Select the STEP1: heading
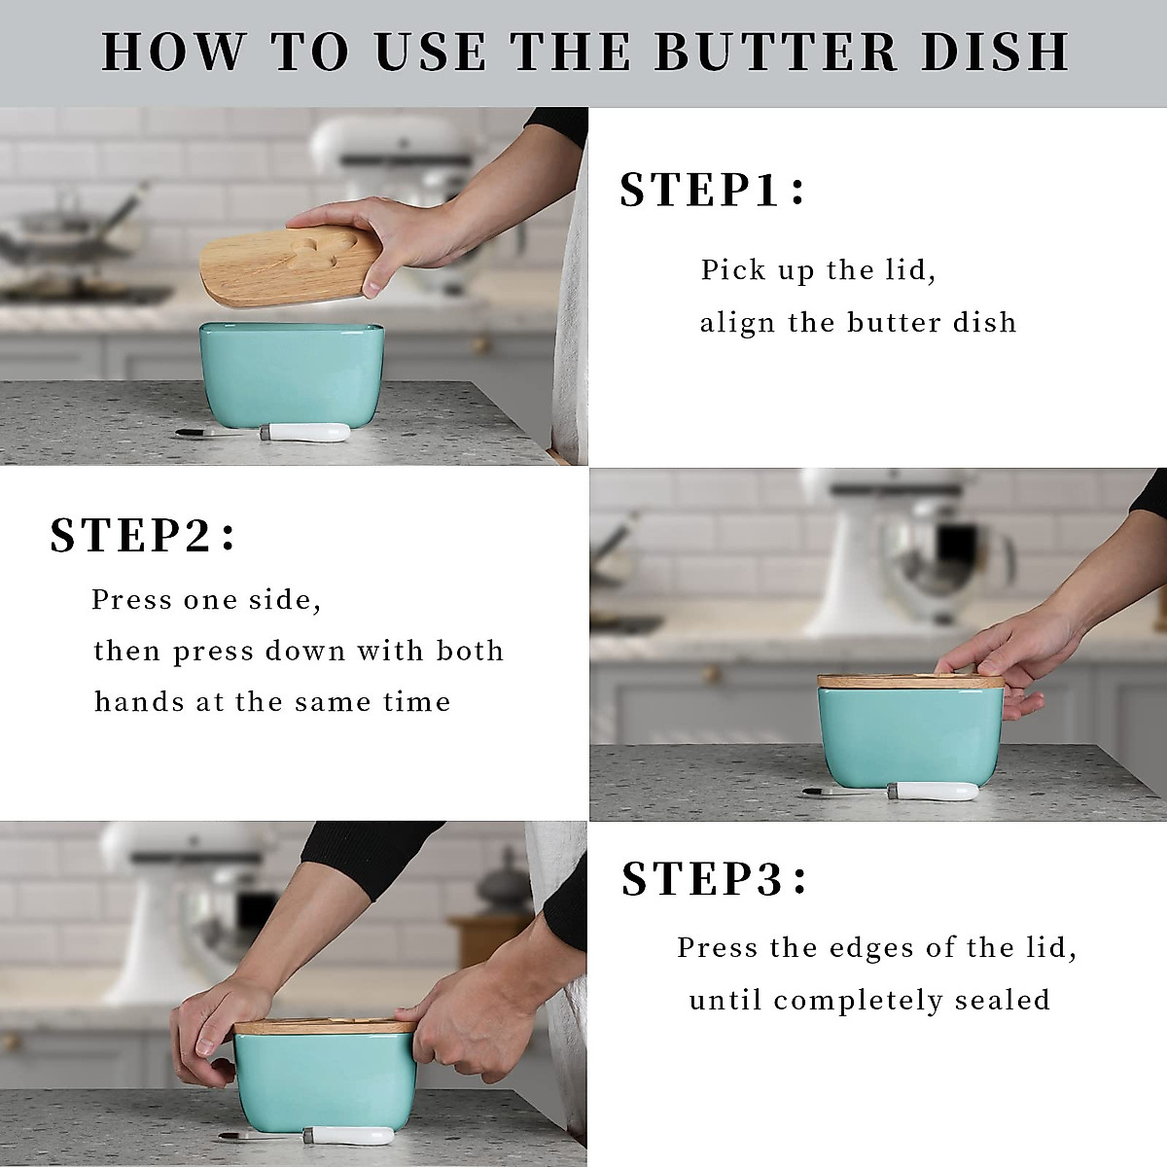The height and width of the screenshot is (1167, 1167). [713, 190]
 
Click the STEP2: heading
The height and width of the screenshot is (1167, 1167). [143, 536]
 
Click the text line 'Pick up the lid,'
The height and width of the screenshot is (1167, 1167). [818, 270]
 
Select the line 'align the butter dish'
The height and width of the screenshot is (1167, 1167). [858, 322]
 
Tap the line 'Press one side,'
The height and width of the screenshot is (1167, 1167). [206, 600]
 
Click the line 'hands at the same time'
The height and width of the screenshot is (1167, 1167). [272, 701]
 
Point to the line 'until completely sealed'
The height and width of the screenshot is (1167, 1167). [869, 1000]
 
